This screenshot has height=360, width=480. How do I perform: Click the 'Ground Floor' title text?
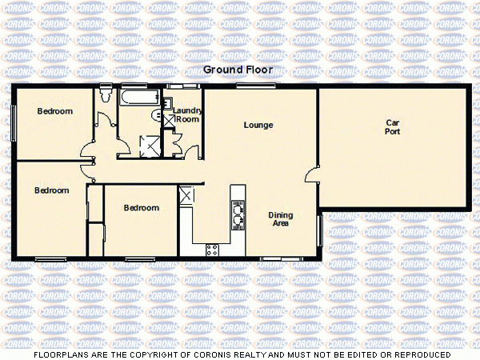pos(240,70)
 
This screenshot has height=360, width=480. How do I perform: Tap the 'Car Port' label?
pos(392,127)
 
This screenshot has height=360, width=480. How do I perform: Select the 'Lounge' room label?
pos(258,125)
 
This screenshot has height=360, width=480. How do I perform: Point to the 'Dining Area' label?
pos(279,219)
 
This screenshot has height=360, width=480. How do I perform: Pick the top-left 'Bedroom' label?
pos(55,111)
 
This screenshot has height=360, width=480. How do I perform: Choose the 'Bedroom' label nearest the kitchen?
pos(142,208)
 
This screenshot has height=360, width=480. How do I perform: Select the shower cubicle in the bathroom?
pos(148,144)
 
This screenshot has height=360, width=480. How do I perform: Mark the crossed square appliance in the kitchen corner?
pos(187,194)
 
